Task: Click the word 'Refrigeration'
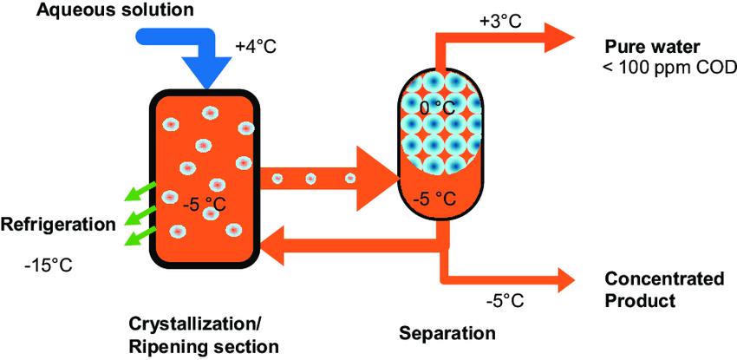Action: [58, 225]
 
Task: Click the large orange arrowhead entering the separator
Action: [377, 178]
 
